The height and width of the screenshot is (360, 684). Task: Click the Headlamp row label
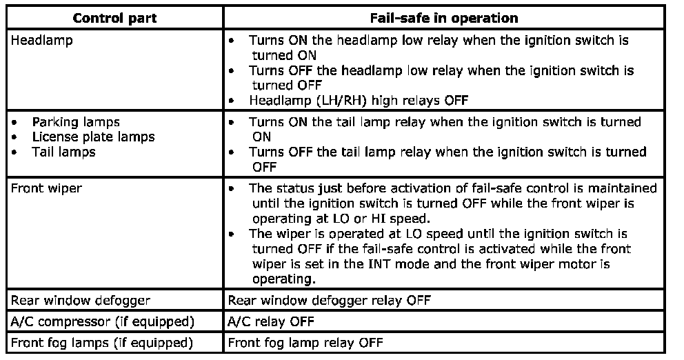click(41, 40)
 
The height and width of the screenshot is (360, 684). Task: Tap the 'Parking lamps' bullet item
click(76, 122)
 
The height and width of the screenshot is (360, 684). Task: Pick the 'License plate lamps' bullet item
click(93, 137)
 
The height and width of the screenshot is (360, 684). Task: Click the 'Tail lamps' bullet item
click(63, 151)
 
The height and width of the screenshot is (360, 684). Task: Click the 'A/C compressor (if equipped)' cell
click(102, 321)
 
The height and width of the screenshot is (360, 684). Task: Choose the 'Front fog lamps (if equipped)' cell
click(102, 342)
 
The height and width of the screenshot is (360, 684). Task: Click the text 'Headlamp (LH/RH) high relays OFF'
click(359, 100)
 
